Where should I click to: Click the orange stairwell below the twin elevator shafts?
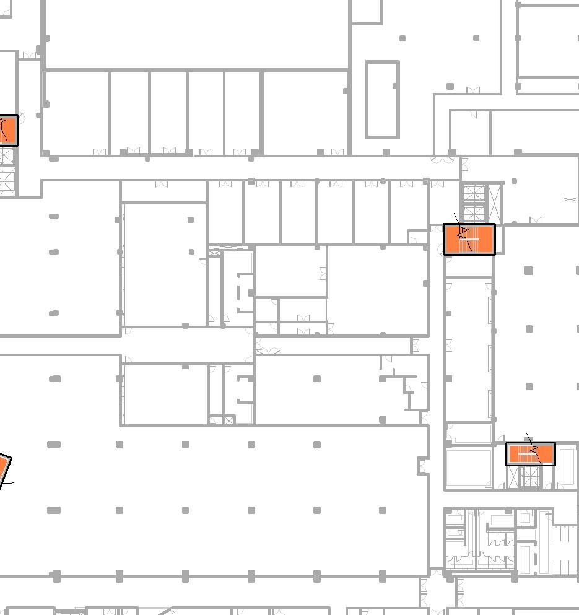click(469, 239)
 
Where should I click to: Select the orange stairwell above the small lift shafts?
click(531, 454)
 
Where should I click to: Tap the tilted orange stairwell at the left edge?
click(4, 469)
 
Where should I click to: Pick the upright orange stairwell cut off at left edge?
click(7, 130)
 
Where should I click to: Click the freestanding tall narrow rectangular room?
click(382, 99)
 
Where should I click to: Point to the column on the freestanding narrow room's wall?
click(396, 86)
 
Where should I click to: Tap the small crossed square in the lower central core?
click(229, 421)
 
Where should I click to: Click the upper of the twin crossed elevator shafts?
click(473, 193)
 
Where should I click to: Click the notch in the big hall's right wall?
click(423, 465)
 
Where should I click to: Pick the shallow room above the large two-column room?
click(163, 191)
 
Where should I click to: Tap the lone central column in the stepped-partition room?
click(317, 378)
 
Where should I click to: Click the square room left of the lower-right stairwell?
click(469, 468)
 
